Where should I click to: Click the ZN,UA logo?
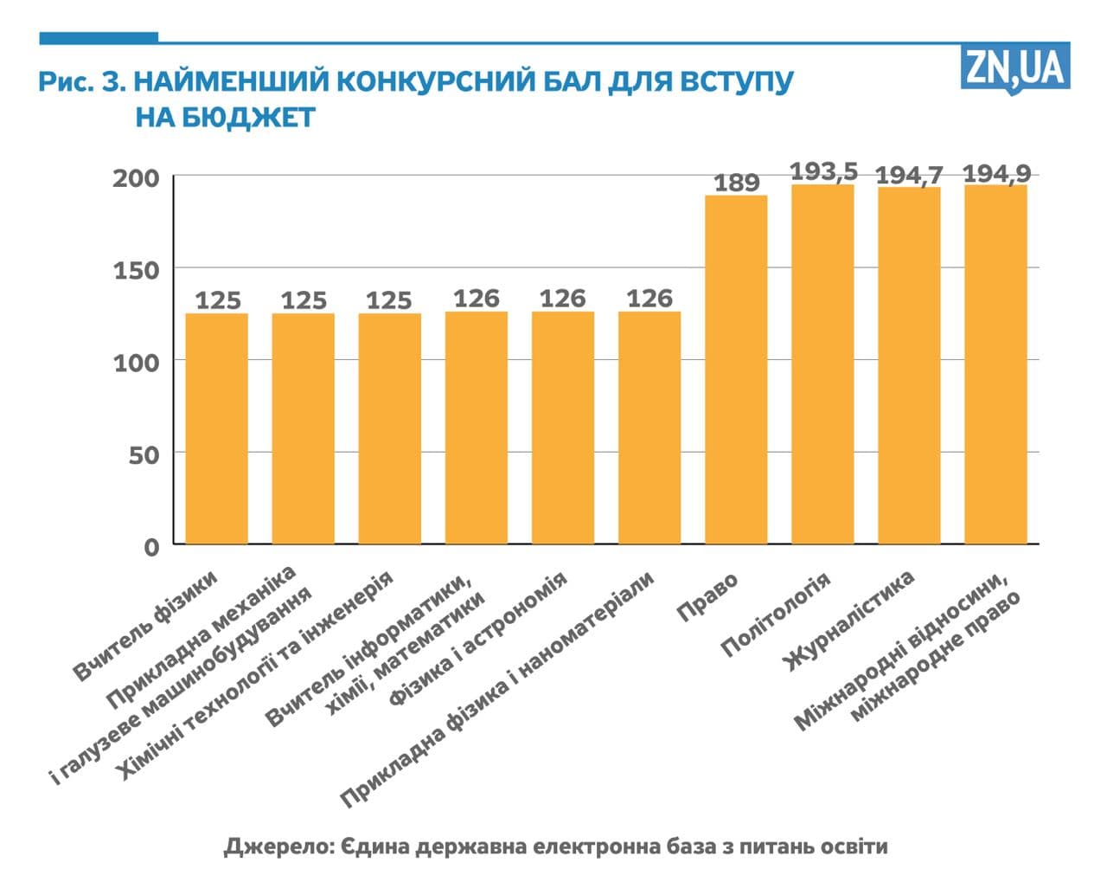point(1014,67)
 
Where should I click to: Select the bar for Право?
point(736,370)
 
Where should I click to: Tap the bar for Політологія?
point(822,364)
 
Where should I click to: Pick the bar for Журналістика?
point(909,365)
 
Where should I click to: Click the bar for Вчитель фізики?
point(217,428)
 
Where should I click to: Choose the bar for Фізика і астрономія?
point(563,428)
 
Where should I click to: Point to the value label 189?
point(736,183)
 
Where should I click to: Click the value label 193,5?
point(822,171)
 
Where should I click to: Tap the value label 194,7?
point(909,175)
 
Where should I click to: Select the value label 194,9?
point(996,173)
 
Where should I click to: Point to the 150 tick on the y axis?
point(137,270)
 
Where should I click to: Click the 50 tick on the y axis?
point(144,454)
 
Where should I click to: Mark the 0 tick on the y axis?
point(152,547)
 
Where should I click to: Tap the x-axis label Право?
point(707,596)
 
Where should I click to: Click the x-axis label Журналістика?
point(849,621)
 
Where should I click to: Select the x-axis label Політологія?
point(775,615)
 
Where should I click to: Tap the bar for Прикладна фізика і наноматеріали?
point(649,428)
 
